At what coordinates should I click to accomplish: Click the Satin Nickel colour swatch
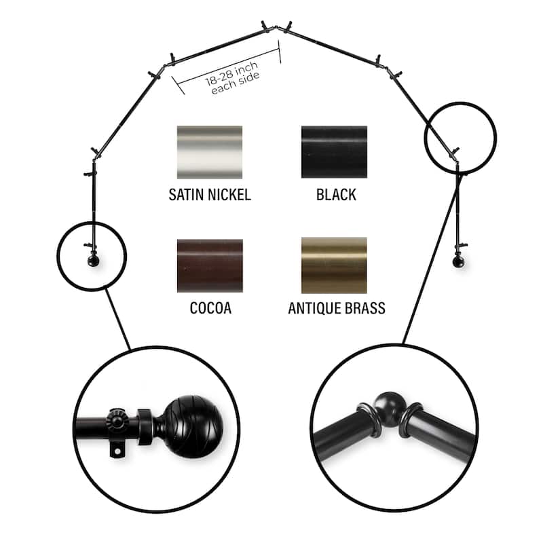click(x=210, y=152)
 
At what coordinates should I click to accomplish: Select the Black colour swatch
click(x=334, y=152)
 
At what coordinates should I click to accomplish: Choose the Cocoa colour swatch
click(x=210, y=265)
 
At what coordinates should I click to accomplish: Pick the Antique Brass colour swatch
click(x=334, y=265)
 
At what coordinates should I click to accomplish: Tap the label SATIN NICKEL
click(x=210, y=195)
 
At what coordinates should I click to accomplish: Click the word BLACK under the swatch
click(x=336, y=195)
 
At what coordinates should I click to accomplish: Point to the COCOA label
click(x=210, y=308)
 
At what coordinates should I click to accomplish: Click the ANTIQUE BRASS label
click(x=337, y=308)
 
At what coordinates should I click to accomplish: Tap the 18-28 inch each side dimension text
click(x=233, y=77)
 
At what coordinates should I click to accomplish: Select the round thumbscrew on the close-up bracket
click(x=116, y=419)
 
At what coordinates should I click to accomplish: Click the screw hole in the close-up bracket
click(x=117, y=451)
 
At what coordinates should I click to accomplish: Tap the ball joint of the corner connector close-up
click(x=390, y=407)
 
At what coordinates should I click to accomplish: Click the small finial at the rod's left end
click(x=93, y=261)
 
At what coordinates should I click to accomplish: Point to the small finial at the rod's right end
click(x=459, y=261)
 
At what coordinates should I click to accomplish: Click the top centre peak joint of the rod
click(x=276, y=27)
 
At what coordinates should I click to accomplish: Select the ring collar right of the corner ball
click(x=411, y=419)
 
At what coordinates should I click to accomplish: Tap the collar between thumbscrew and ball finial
click(x=145, y=427)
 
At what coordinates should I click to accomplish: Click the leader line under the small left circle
click(x=117, y=319)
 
